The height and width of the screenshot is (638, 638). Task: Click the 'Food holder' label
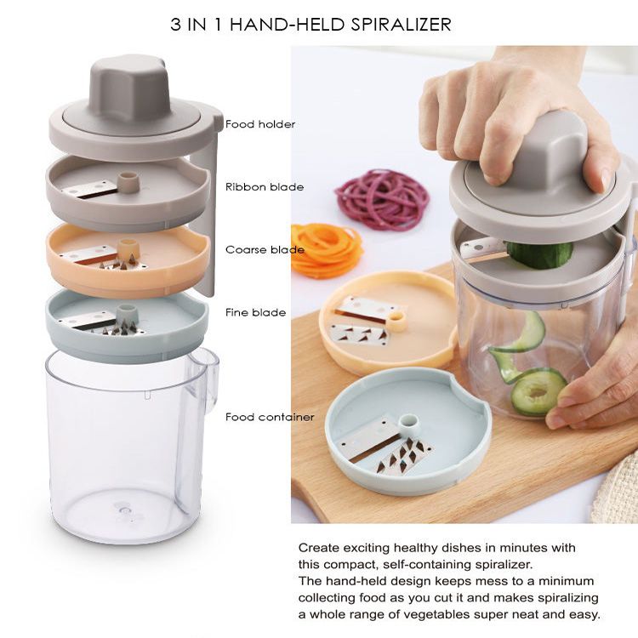[260, 124]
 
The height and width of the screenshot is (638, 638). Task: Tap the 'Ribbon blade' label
[265, 187]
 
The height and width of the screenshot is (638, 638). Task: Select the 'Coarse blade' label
[265, 249]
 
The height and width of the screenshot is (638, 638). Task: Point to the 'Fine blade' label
[255, 312]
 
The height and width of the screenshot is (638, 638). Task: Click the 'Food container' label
[270, 417]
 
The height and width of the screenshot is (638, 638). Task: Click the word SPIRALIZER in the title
[402, 25]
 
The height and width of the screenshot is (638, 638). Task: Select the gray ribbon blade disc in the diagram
[128, 192]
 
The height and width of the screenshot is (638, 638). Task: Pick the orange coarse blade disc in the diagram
[128, 259]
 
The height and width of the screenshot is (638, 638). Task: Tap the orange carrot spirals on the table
[327, 249]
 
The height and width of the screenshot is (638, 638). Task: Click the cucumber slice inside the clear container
[538, 391]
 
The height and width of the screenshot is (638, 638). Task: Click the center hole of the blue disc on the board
[408, 420]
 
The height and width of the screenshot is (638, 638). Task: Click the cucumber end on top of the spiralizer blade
[539, 254]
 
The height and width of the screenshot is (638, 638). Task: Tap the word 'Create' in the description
[319, 548]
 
